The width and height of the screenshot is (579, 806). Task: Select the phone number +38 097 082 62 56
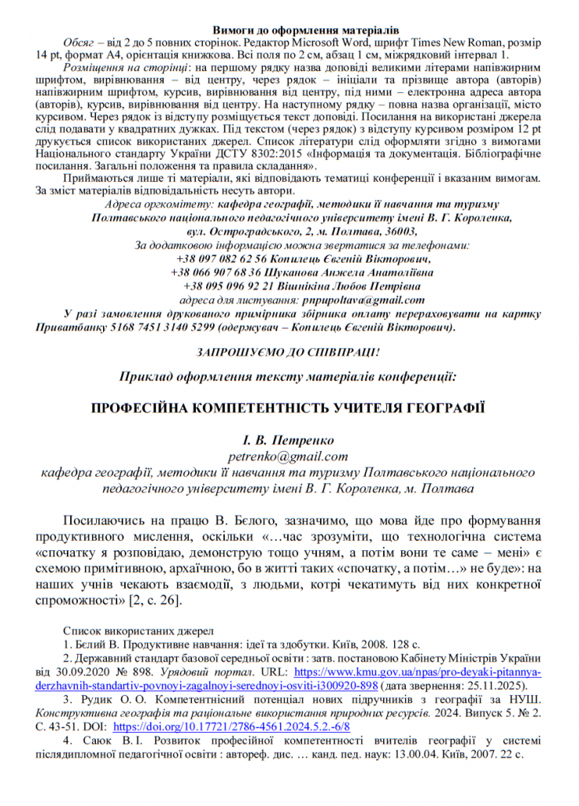click(223, 258)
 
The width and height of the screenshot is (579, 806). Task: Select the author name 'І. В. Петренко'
click(289, 440)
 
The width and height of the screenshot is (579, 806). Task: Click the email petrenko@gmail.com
click(289, 456)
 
